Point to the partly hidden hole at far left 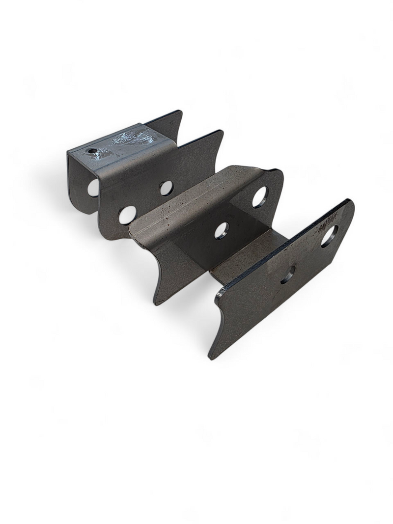click(93, 188)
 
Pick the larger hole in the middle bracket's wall click(259, 197)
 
